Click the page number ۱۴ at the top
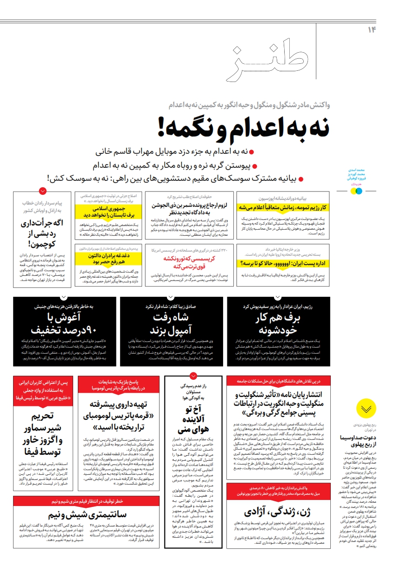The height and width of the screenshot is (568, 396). pyautogui.click(x=372, y=30)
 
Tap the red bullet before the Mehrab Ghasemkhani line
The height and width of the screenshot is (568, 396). pyautogui.click(x=252, y=152)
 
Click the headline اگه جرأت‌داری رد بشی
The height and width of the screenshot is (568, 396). pyautogui.click(x=42, y=233)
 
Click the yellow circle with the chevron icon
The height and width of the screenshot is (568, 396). pyautogui.click(x=366, y=409)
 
